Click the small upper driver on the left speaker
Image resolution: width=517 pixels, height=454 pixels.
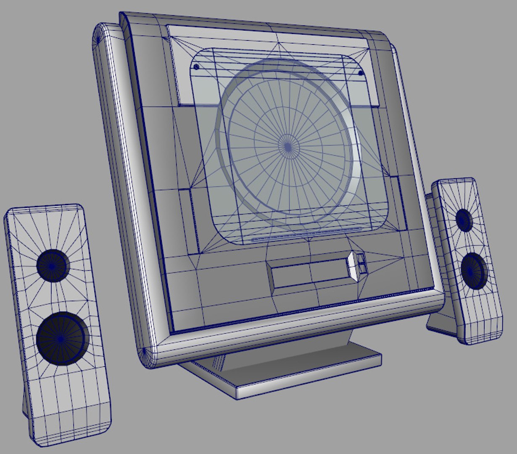[x=53, y=265]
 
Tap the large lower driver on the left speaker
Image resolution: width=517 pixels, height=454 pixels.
[x=62, y=338]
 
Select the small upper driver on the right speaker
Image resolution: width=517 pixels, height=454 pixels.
[x=464, y=219]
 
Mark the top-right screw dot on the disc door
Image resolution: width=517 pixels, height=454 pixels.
[x=361, y=73]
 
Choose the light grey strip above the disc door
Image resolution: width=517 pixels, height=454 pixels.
[x=269, y=36]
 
